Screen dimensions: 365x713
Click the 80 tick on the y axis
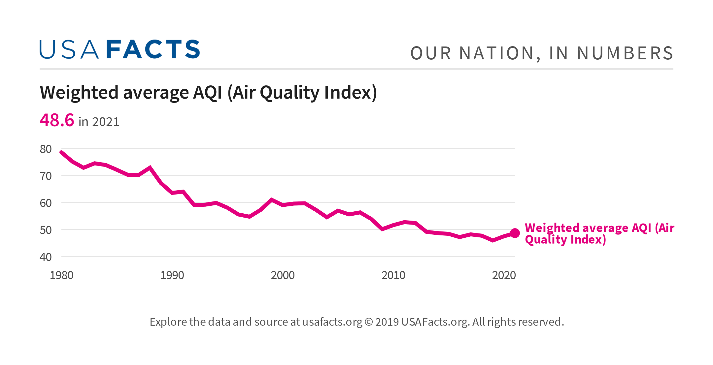[46, 149]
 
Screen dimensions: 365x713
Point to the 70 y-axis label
[46, 176]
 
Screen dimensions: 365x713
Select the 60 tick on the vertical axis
[46, 203]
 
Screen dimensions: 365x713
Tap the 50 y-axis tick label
[46, 230]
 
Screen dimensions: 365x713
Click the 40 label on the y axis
[46, 257]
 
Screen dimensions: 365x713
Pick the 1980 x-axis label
[61, 275]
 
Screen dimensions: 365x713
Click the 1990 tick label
[172, 275]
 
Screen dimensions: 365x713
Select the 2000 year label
[283, 275]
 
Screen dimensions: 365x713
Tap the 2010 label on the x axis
[393, 275]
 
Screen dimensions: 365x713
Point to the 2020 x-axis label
[504, 275]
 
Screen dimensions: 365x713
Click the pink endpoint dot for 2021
[515, 233]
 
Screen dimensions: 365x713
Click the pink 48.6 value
[57, 120]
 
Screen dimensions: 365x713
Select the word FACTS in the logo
[153, 49]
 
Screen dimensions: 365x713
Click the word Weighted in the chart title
[79, 92]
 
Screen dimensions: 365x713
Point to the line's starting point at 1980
[61, 152]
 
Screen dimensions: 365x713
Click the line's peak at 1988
[150, 167]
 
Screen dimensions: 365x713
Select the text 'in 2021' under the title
[99, 122]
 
